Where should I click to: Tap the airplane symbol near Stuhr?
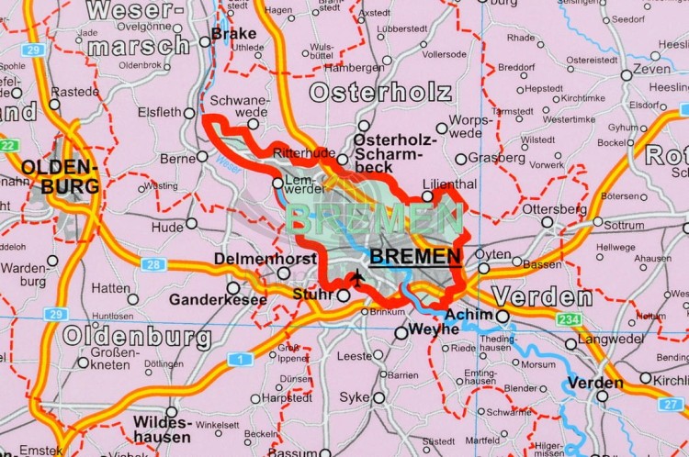357,278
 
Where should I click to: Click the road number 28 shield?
152,264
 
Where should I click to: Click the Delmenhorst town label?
265,260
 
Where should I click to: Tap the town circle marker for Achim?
503,316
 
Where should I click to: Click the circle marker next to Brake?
205,41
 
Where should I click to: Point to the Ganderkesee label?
217,299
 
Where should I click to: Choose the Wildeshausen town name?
162,431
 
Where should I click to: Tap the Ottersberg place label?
553,208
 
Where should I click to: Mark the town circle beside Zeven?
627,75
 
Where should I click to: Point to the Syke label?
355,397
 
